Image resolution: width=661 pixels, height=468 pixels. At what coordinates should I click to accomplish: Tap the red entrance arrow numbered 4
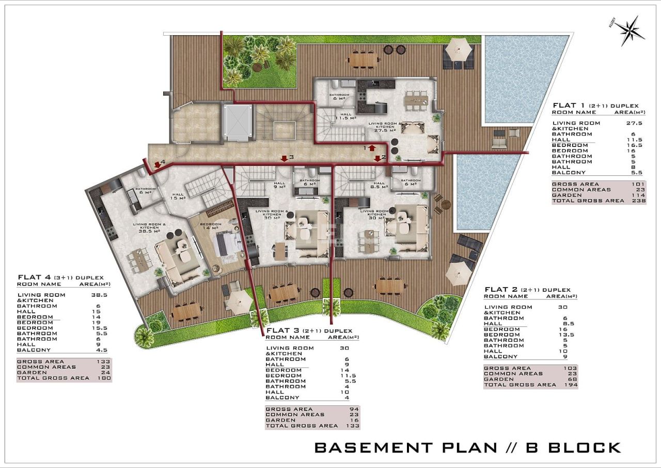pyautogui.click(x=158, y=164)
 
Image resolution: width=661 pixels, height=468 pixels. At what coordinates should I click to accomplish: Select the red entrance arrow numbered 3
pyautogui.click(x=283, y=158)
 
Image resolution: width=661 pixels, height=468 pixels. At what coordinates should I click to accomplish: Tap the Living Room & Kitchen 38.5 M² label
pyautogui.click(x=149, y=228)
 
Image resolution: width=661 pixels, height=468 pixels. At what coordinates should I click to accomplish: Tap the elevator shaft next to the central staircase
pyautogui.click(x=238, y=122)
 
